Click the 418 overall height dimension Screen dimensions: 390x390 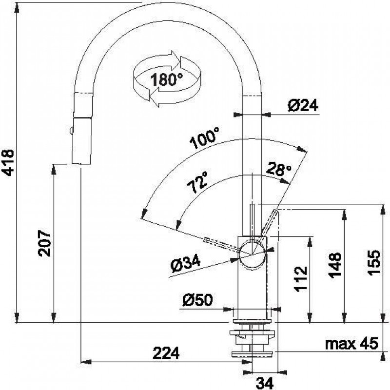(8, 163)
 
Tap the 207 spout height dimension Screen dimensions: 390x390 (44, 243)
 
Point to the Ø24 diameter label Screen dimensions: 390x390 (303, 105)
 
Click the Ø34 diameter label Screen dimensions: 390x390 (186, 264)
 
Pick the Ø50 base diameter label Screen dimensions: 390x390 (197, 300)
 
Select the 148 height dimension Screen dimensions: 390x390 (335, 265)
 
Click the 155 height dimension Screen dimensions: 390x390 (374, 262)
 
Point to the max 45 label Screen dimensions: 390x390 (351, 343)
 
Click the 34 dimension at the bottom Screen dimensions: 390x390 (264, 383)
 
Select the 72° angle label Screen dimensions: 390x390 (197, 182)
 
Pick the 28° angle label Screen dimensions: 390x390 (278, 169)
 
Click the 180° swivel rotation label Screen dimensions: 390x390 (166, 79)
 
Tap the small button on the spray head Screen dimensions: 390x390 (71, 131)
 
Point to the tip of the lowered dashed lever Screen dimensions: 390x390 (205, 240)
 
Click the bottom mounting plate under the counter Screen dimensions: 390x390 (252, 354)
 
